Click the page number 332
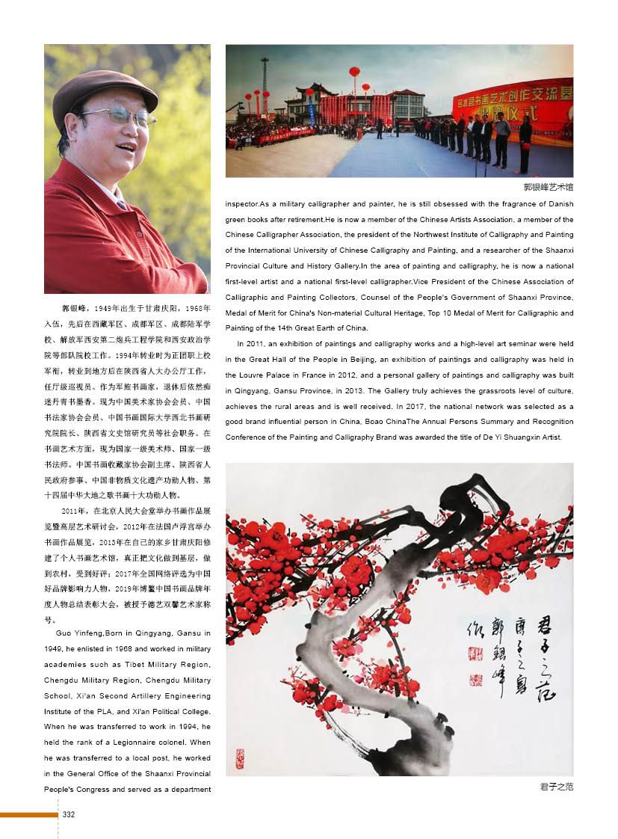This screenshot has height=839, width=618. click(68, 814)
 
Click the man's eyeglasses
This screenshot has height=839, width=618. click(120, 114)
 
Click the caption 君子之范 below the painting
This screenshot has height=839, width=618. click(556, 787)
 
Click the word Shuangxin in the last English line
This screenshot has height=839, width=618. click(498, 437)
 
